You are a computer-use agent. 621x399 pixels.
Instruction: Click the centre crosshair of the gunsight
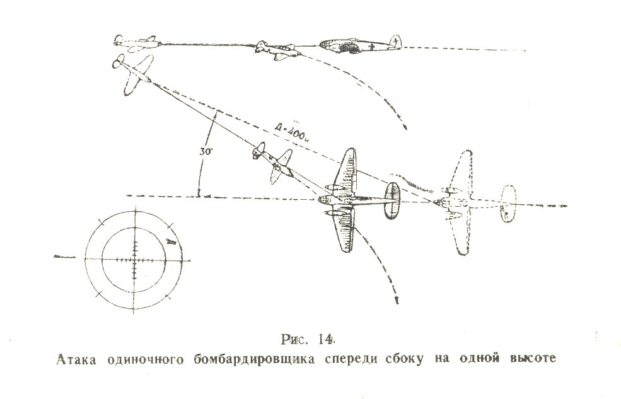pos(134,258)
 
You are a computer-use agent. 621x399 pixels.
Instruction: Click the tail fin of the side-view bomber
pos(395,41)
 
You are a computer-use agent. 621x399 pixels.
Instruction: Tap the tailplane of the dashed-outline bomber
pos(508,204)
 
